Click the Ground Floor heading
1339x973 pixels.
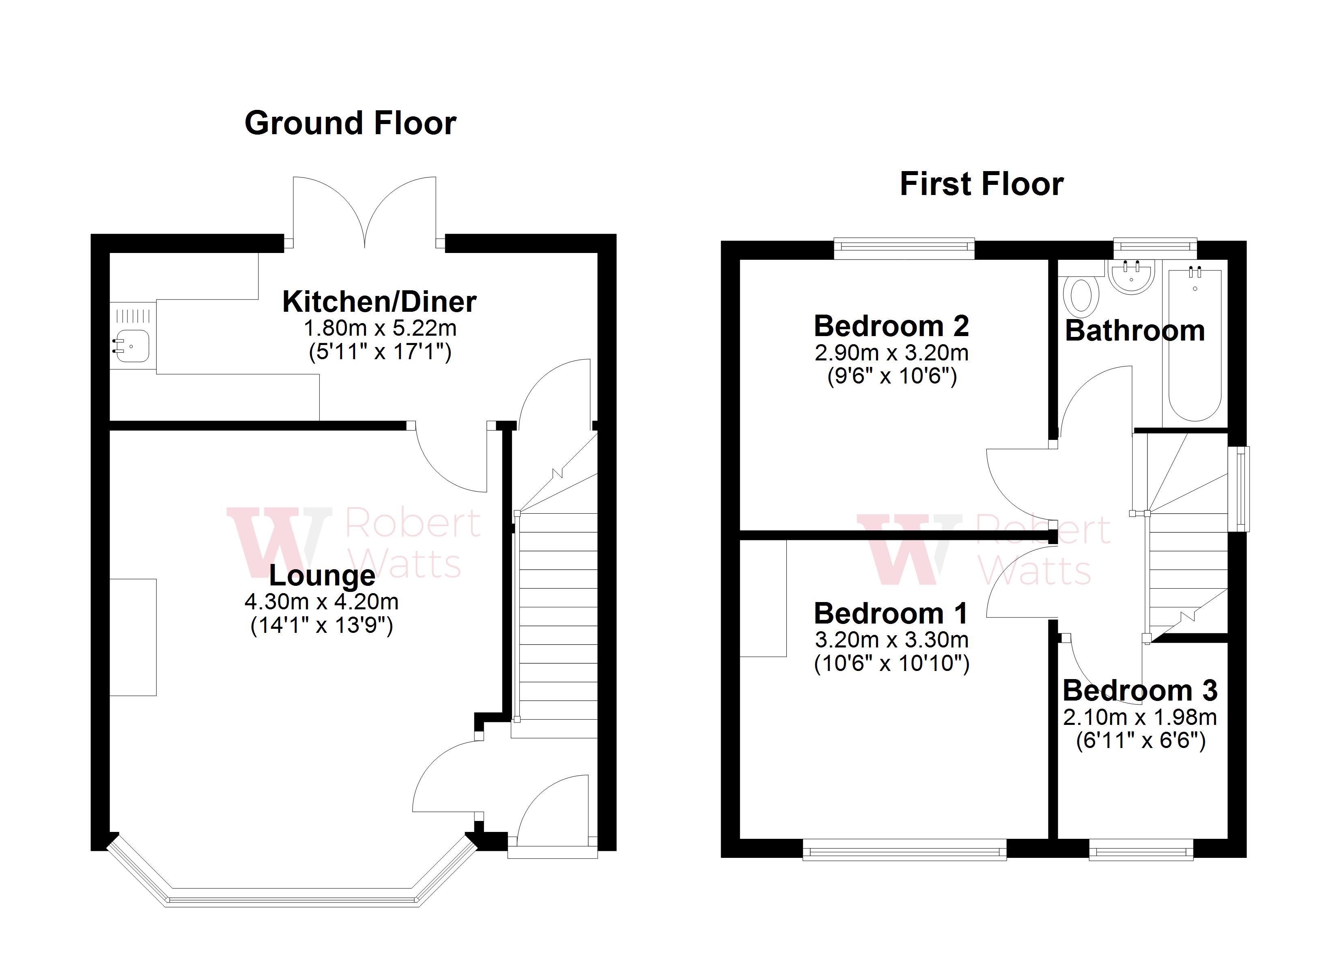(x=350, y=123)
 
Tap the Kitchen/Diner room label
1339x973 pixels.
(x=379, y=302)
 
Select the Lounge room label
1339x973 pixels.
(x=322, y=575)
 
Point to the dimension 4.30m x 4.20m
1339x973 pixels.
(x=322, y=602)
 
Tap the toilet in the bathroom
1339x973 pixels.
(x=1081, y=296)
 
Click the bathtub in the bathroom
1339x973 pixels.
(x=1195, y=345)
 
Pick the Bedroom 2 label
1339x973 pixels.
(x=891, y=326)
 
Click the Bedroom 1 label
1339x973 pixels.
(x=891, y=614)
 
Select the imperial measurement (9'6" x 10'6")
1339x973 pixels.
(x=891, y=376)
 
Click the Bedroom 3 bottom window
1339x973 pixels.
(x=1140, y=851)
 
